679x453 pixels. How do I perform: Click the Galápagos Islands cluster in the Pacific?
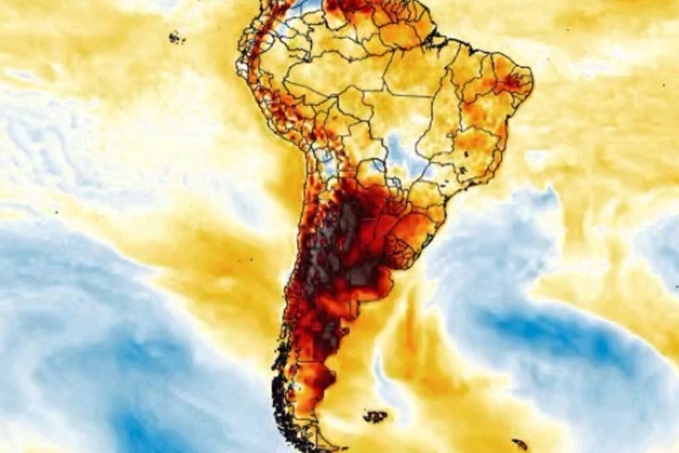coord(176,37)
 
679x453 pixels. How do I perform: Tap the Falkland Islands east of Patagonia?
coord(375,417)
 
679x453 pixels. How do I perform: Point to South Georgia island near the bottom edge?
coord(519,444)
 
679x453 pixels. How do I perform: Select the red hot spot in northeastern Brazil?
coord(512,82)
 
